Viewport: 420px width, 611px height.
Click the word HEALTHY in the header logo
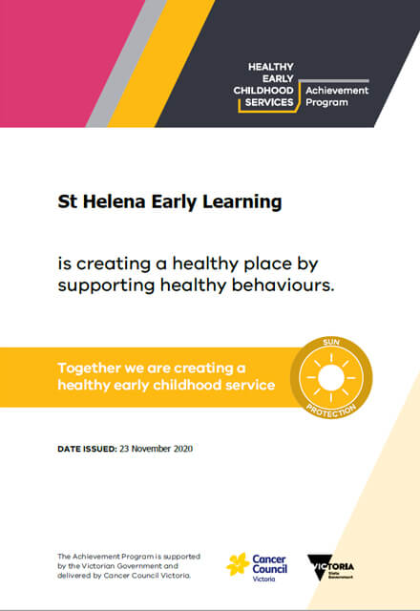pos(271,67)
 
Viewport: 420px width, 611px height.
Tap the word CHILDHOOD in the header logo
pos(263,91)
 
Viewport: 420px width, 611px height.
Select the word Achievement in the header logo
pos(337,91)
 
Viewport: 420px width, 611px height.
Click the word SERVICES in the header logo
pos(269,102)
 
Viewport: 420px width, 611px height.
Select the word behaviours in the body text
pos(283,284)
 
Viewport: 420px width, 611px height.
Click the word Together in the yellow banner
pos(89,369)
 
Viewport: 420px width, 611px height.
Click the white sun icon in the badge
pos(331,377)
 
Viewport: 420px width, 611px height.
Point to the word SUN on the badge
pos(331,343)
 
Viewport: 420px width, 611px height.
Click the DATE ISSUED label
pos(87,449)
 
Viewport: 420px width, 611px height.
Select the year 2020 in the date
pos(183,449)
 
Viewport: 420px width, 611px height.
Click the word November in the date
pos(151,449)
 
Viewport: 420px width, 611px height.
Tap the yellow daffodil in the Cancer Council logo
pos(238,564)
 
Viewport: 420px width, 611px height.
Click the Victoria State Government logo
pos(330,567)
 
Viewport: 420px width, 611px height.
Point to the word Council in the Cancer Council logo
pos(270,569)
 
